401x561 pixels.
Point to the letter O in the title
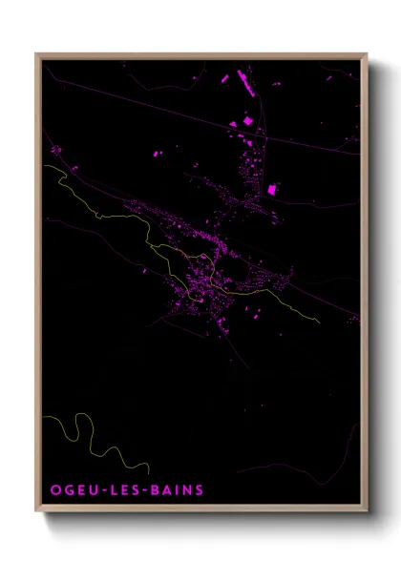click(x=54, y=490)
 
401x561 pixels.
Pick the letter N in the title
click(x=186, y=490)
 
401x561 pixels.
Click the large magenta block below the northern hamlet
click(x=271, y=189)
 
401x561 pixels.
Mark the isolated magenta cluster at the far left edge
click(x=56, y=150)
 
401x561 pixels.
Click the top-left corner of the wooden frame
click(x=37, y=54)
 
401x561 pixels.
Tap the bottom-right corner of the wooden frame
click(x=367, y=512)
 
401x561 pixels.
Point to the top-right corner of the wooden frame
click(x=367, y=54)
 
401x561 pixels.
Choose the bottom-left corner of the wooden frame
click(x=37, y=512)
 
